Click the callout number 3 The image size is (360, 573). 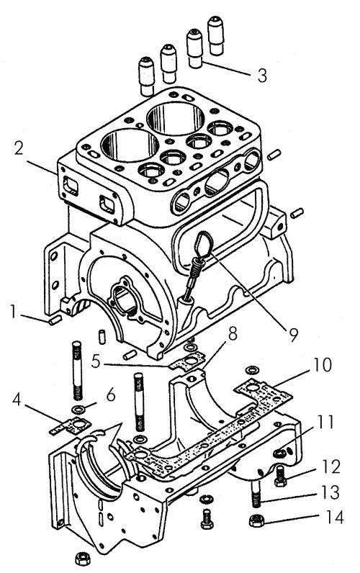tap(262, 76)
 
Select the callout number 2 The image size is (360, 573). tap(19, 148)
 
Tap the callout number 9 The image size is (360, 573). tap(294, 335)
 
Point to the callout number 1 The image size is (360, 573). tap(14, 312)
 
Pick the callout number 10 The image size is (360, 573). tap(321, 365)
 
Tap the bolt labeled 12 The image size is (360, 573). tap(280, 477)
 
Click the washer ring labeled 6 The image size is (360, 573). tap(77, 409)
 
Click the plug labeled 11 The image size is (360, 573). tap(279, 454)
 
